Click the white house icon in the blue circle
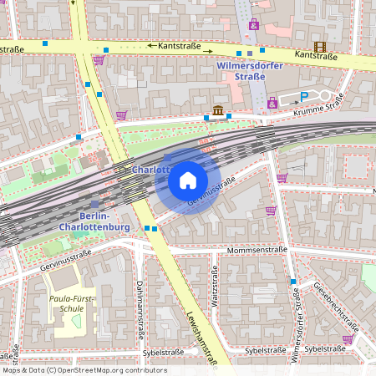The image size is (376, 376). (188, 180)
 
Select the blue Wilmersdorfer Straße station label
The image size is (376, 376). (241, 70)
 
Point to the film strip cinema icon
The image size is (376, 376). (319, 46)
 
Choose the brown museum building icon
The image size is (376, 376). (217, 110)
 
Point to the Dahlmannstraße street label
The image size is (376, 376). (139, 302)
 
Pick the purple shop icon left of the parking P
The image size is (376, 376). (272, 103)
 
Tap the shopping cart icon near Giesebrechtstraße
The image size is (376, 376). (347, 338)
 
